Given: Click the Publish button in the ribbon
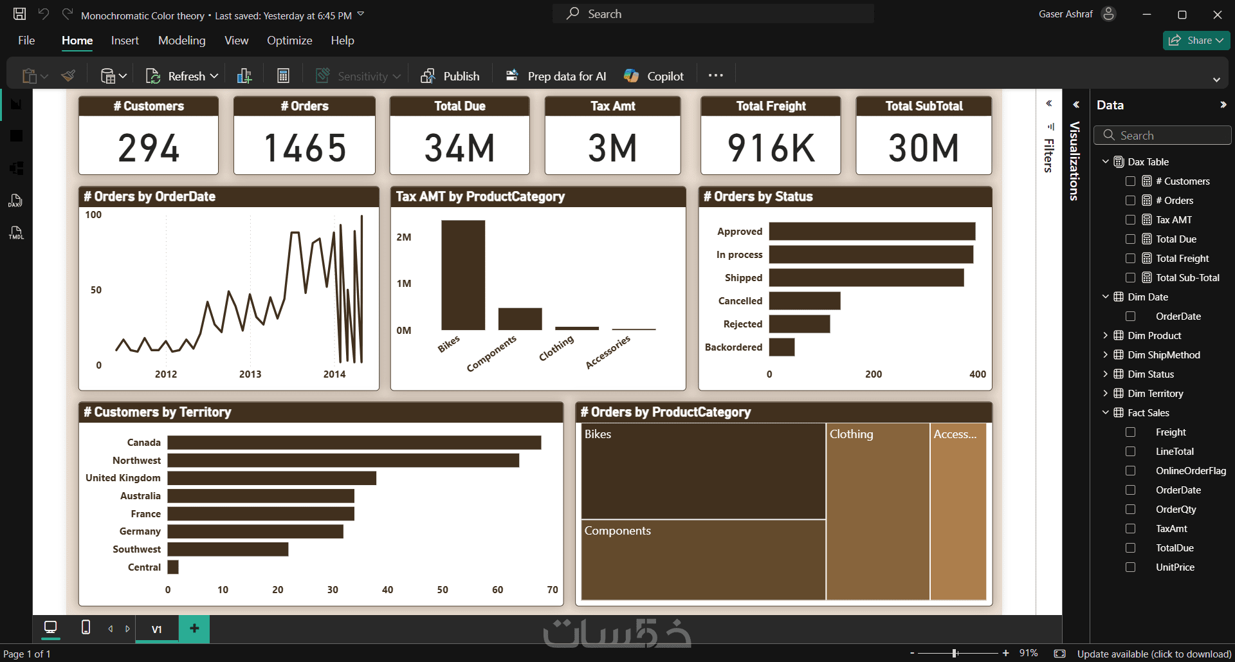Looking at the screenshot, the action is [450, 76].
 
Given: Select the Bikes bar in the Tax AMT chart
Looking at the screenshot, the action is [463, 275].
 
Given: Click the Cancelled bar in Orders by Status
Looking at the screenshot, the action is [805, 300].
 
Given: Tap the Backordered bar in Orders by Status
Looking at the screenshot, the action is [782, 347].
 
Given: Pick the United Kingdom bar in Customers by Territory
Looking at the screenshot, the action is [272, 478].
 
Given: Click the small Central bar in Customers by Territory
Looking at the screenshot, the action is [173, 567].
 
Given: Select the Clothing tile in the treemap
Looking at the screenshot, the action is [878, 511].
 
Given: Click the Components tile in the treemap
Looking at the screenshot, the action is [704, 560].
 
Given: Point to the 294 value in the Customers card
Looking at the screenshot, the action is [149, 147].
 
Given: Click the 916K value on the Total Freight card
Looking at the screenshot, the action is [771, 147].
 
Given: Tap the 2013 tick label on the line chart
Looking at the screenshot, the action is [250, 374].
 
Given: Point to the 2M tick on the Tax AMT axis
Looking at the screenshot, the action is [404, 237].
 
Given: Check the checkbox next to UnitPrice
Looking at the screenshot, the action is [1130, 567].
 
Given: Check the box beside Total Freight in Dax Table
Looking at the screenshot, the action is [1130, 258].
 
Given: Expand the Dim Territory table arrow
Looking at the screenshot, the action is [1105, 393].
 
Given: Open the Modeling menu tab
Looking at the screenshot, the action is [182, 41].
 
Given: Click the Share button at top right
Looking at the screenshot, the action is [1196, 40].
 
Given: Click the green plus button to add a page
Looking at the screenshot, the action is [194, 629].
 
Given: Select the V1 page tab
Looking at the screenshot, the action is [156, 629].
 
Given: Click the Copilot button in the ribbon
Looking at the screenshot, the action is [654, 76].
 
